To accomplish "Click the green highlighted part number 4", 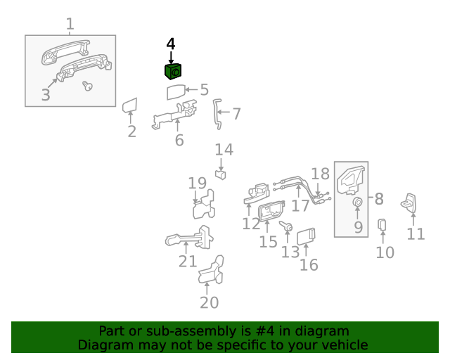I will [173, 71].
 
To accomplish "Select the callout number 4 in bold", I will [171, 44].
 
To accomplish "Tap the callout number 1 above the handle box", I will [70, 25].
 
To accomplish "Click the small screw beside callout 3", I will [88, 86].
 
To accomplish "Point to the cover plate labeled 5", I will [176, 92].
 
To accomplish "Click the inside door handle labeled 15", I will [271, 212].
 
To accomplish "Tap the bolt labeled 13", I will [288, 227].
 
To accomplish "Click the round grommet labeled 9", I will [357, 203].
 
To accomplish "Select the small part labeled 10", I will [382, 224].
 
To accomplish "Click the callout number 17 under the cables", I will [300, 205].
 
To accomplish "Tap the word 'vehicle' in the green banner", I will [345, 345].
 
